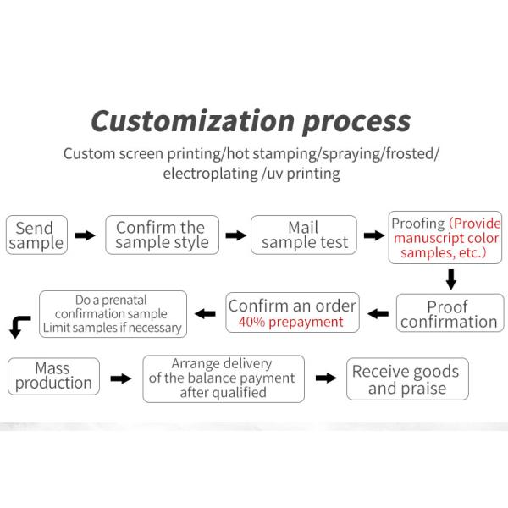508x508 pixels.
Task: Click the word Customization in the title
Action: click(x=192, y=120)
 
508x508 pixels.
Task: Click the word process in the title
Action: click(x=356, y=122)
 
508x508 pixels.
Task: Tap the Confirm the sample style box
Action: click(x=161, y=235)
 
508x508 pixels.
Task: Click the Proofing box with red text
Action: click(x=444, y=237)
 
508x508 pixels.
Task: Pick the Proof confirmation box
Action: click(x=449, y=314)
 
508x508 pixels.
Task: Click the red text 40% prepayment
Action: click(x=290, y=322)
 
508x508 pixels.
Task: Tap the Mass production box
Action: click(x=52, y=376)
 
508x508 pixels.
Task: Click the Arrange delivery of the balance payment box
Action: click(x=222, y=378)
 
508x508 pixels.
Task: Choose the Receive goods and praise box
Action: click(x=406, y=380)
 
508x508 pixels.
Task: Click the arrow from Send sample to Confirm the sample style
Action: click(x=85, y=235)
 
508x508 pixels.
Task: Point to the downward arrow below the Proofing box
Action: click(x=451, y=278)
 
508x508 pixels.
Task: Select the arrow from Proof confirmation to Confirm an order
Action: click(x=379, y=314)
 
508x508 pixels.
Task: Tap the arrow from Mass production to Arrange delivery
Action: click(x=122, y=378)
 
